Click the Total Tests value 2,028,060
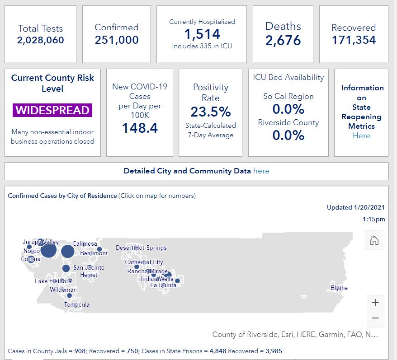point(41,40)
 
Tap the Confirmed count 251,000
point(117,40)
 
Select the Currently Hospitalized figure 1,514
point(202,34)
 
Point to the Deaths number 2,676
point(283,40)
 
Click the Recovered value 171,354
point(354,40)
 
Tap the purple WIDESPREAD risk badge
point(52,110)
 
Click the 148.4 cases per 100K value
point(140,128)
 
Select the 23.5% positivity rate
point(211,112)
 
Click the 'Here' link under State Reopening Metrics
point(361,136)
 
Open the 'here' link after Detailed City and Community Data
point(261,171)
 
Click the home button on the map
point(374,240)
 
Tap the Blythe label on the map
point(339,288)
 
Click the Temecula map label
point(77,304)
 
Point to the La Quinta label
point(163,285)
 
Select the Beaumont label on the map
point(94,253)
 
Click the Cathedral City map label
point(144,262)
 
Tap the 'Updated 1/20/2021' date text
point(356,207)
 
